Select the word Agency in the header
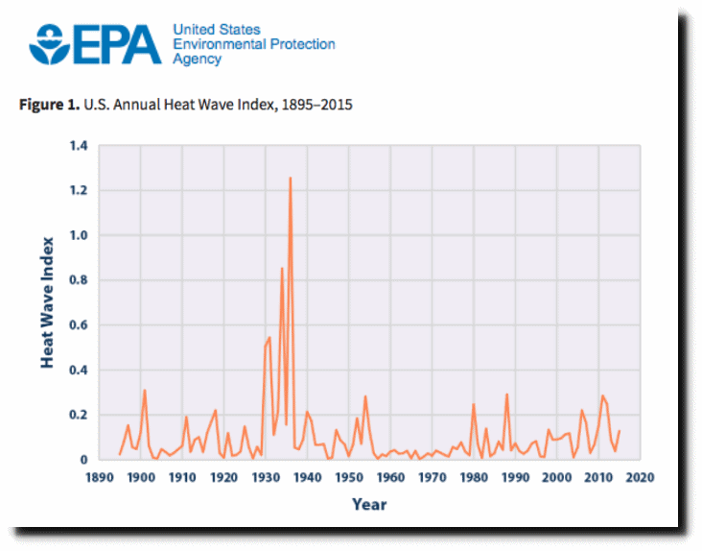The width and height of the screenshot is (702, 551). [197, 60]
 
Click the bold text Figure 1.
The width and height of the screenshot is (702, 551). [49, 105]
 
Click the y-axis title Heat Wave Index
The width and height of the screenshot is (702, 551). [47, 302]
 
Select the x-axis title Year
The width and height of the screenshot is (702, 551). [369, 504]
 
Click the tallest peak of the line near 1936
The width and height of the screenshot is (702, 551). [290, 178]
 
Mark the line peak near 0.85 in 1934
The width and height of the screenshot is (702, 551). [282, 269]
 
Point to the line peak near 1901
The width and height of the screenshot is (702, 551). [145, 390]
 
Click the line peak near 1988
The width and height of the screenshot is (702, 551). [507, 395]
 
